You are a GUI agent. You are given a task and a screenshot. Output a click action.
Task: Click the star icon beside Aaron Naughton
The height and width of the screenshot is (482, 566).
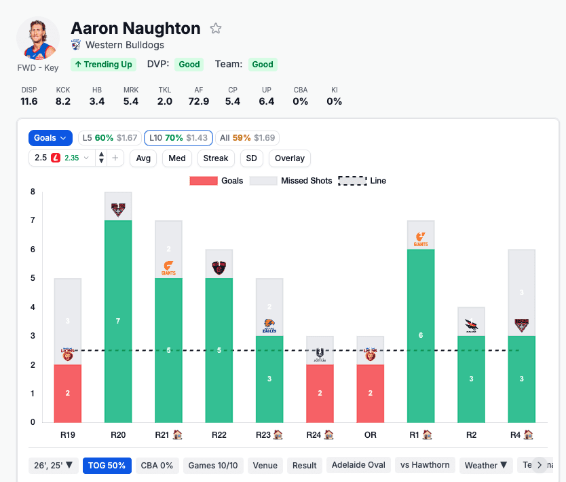pyautogui.click(x=216, y=29)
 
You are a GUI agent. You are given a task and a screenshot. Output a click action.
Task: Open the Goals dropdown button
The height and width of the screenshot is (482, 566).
pyautogui.click(x=51, y=138)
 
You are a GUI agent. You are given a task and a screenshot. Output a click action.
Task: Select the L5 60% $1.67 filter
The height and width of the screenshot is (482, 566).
pyautogui.click(x=109, y=138)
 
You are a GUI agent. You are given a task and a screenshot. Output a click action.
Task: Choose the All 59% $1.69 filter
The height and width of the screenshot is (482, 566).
pyautogui.click(x=247, y=138)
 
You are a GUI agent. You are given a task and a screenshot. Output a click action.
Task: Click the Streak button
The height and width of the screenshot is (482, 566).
pyautogui.click(x=216, y=158)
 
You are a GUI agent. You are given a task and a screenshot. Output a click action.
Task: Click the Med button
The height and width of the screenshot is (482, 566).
pyautogui.click(x=176, y=158)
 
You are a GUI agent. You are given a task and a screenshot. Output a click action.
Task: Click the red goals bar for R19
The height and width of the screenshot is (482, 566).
pyautogui.click(x=68, y=393)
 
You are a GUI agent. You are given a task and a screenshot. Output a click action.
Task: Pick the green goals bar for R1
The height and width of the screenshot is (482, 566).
pyautogui.click(x=421, y=335)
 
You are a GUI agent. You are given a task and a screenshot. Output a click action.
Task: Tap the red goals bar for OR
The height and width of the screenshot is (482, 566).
pyautogui.click(x=371, y=393)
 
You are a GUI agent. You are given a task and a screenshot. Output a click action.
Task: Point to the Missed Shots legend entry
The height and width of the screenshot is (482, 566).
pyautogui.click(x=291, y=181)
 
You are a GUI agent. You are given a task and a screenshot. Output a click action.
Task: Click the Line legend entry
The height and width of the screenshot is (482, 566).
pyautogui.click(x=362, y=181)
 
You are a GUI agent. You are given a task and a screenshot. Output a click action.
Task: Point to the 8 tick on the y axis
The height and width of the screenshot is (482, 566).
pyautogui.click(x=33, y=192)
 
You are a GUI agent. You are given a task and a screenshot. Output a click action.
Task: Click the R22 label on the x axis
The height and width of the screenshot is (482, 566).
pyautogui.click(x=219, y=434)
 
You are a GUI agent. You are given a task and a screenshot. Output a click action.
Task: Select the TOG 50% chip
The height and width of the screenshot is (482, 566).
pyautogui.click(x=107, y=466)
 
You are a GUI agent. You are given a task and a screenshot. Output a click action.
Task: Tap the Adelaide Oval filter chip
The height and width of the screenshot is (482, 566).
pyautogui.click(x=358, y=465)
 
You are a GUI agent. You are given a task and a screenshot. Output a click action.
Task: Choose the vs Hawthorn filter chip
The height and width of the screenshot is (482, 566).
pyautogui.click(x=425, y=465)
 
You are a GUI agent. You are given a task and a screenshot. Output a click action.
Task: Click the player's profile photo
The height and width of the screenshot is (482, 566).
pyautogui.click(x=38, y=39)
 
